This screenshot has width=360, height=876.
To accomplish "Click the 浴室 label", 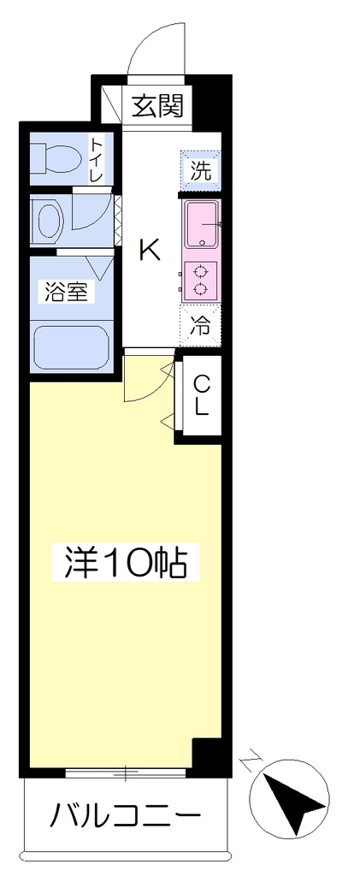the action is coord(67,292).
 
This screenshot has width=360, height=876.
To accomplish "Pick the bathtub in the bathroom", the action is coord(71,348).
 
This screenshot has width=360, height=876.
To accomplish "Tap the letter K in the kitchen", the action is coord(149,249).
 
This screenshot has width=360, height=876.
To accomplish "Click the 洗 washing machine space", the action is coord(200,170).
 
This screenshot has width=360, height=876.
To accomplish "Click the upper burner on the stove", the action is coord(200,272).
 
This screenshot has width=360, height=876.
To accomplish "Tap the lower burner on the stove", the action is coord(200,289).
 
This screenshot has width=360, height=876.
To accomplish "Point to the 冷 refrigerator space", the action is coord(200,326).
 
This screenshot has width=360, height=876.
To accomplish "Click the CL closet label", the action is coord(202,394).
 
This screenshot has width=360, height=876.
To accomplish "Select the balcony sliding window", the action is coord(126,773).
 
